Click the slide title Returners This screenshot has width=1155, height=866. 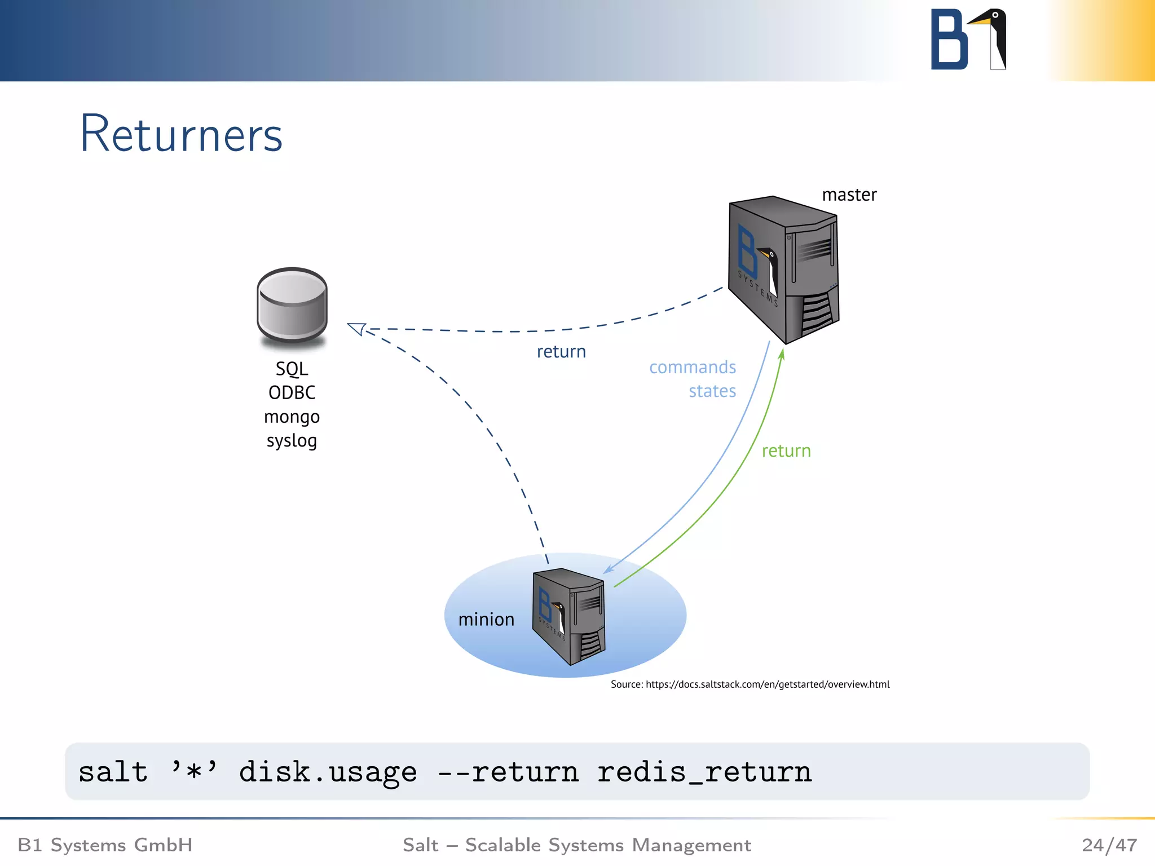(181, 134)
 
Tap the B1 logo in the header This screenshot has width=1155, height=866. (968, 39)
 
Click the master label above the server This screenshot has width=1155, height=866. (849, 195)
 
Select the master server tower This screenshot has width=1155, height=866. (783, 269)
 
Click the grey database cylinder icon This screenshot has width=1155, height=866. (292, 305)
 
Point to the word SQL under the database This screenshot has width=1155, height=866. (292, 369)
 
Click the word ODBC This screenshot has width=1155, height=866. (292, 393)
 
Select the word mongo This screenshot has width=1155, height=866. (292, 417)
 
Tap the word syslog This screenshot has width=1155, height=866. (292, 441)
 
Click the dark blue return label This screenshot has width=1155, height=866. (561, 352)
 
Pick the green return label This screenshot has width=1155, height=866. (786, 451)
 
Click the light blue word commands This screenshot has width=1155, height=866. (693, 368)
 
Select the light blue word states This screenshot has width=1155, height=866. (712, 391)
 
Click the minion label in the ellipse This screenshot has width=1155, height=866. (486, 620)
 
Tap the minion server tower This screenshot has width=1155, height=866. (569, 616)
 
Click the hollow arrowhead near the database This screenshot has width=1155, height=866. (356, 329)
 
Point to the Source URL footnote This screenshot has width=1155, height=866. (750, 684)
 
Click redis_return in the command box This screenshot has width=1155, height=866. (704, 772)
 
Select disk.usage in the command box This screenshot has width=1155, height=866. (328, 772)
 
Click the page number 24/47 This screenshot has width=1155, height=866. (1109, 845)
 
